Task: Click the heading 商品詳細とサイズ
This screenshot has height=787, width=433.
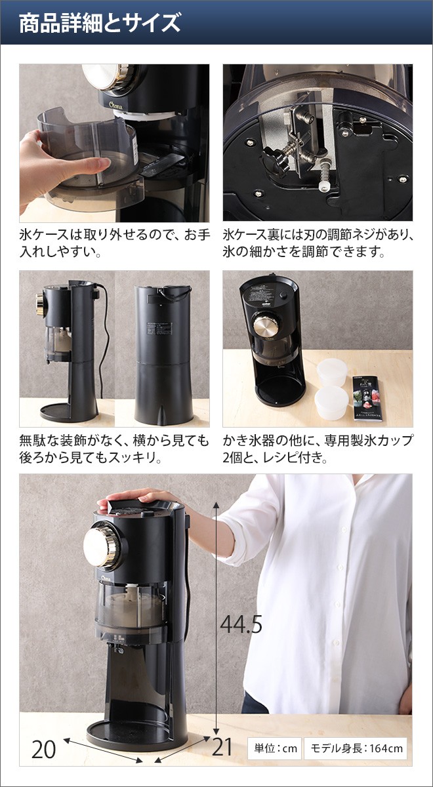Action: coord(99,24)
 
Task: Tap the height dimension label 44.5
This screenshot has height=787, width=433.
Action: coord(241,624)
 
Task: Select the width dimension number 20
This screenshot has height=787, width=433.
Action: coord(43,748)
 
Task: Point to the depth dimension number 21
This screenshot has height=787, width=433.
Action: coord(222,747)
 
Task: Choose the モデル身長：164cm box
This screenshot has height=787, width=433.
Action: coord(357,748)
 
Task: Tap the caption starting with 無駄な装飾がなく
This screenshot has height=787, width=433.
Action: coord(114,448)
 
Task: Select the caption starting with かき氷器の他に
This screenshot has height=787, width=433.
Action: coord(318,448)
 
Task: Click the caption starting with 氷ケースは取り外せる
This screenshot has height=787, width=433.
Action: coord(114,243)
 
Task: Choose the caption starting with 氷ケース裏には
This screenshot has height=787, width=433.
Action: coord(318,243)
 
